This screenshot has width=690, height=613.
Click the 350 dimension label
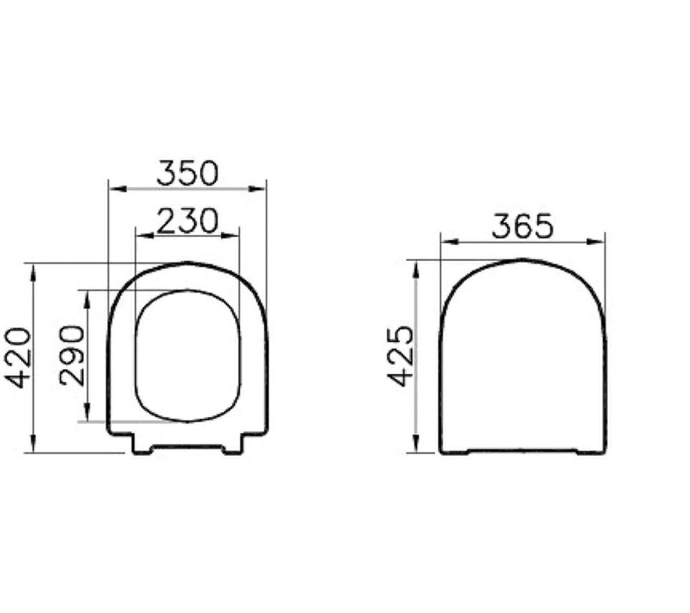click(x=187, y=173)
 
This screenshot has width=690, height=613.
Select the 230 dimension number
click(x=187, y=221)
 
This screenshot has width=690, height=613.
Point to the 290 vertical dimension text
click(x=73, y=355)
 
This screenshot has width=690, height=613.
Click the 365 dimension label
click(x=522, y=226)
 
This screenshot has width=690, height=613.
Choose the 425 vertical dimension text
click(x=401, y=356)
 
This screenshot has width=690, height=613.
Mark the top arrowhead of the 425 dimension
click(x=416, y=268)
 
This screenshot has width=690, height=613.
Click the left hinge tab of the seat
click(x=142, y=445)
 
